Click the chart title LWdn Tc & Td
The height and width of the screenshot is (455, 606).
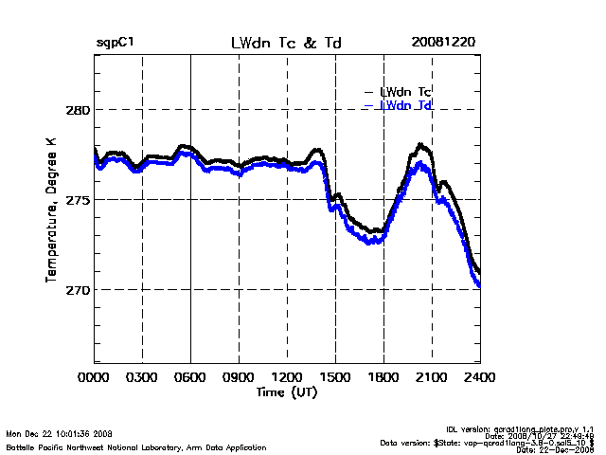287,44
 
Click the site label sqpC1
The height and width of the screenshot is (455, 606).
115,44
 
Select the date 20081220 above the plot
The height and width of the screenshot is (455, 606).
443,44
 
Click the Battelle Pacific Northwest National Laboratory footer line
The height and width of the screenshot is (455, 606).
136,446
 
